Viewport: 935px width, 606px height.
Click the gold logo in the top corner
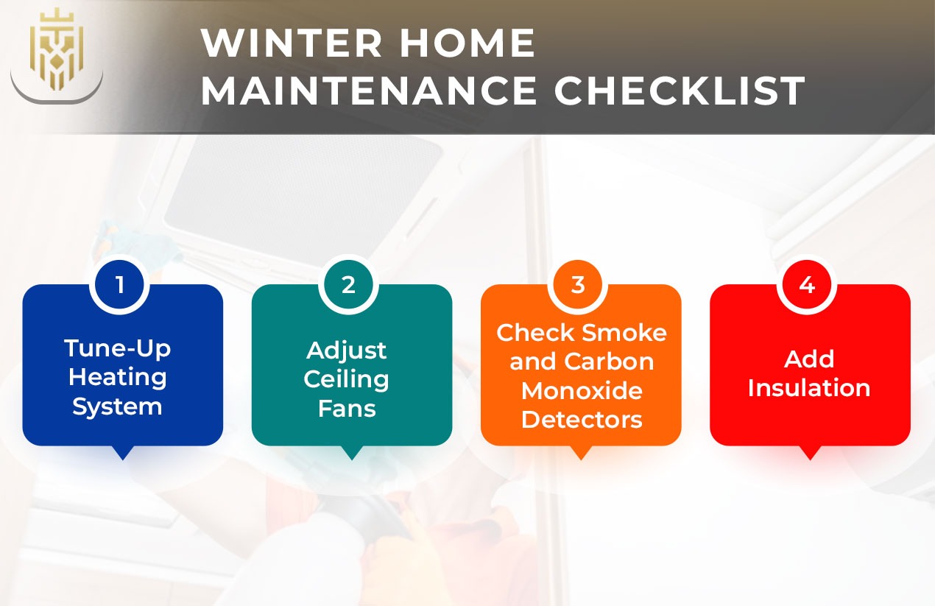pos(56,49)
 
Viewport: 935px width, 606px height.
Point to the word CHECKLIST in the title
pos(680,91)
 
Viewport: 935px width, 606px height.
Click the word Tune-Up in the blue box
pos(118,348)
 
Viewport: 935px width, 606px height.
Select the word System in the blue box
pos(117,406)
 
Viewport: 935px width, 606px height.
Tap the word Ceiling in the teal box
pos(347,379)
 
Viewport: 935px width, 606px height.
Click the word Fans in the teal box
pos(347,408)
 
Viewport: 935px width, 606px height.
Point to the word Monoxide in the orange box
pos(582,390)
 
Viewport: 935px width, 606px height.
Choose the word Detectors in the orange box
pos(582,420)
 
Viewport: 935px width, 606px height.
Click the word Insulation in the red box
pos(809,388)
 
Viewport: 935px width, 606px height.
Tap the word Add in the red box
pos(809,359)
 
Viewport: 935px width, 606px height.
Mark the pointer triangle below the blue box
pos(123,452)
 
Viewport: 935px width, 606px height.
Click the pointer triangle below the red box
pos(810,452)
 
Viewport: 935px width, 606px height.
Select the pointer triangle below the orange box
pos(581,452)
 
